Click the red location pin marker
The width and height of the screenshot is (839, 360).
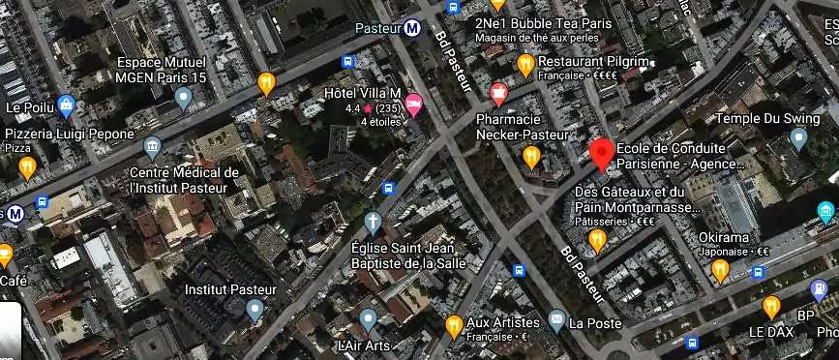[602, 153]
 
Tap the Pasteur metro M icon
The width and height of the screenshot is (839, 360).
[413, 28]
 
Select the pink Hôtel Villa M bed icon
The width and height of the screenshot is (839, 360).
[413, 105]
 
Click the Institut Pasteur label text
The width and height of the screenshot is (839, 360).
[230, 289]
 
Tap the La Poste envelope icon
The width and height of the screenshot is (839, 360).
[556, 320]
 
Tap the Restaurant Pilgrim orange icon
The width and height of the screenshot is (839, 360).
[525, 65]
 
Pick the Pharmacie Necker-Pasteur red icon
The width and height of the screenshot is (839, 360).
[499, 94]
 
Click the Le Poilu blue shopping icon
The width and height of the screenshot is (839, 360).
[66, 105]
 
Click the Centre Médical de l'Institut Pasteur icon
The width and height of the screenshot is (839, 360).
[152, 147]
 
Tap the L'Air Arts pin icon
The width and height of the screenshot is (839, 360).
[368, 320]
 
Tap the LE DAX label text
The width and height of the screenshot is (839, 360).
[770, 332]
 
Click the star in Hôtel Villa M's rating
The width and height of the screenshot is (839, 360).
[368, 108]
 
